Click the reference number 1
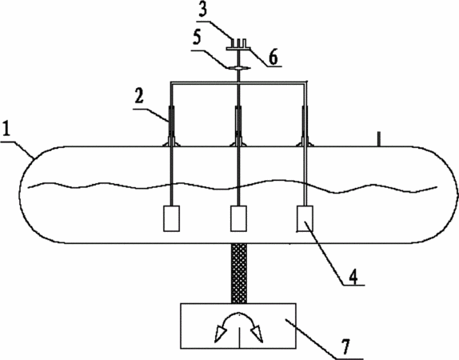[6, 130]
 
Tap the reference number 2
[139, 96]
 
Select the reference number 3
[202, 9]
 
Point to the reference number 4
[353, 277]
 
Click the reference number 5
[198, 38]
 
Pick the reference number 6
[273, 58]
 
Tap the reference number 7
[346, 347]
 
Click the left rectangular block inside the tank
[172, 218]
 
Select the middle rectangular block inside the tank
[238, 218]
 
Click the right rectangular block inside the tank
[305, 218]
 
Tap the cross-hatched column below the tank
[239, 274]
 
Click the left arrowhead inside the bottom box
[221, 334]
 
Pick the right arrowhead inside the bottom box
[257, 334]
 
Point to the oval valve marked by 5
[239, 68]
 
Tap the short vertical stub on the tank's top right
[379, 139]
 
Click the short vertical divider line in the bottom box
[240, 338]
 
